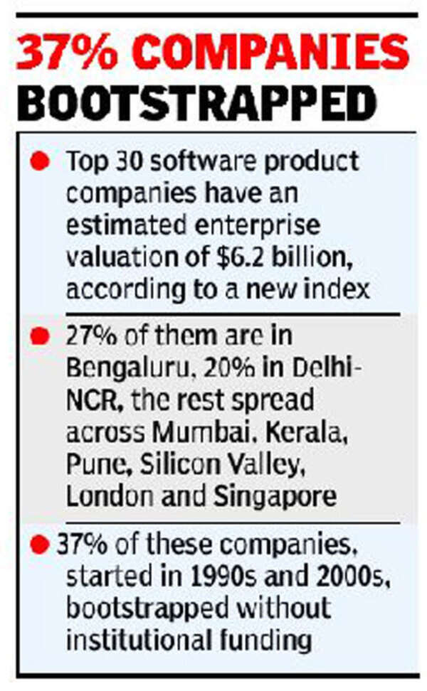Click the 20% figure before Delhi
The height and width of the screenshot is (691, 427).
pyautogui.click(x=225, y=369)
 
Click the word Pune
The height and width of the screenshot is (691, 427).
pyautogui.click(x=93, y=465)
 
